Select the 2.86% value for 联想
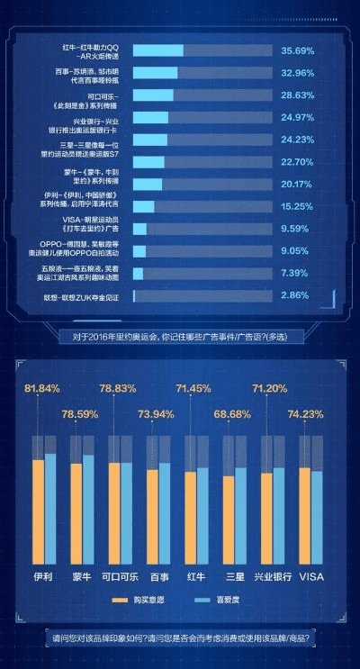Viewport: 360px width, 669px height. pyautogui.click(x=295, y=295)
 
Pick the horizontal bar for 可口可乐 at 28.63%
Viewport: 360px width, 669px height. pyautogui.click(x=153, y=95)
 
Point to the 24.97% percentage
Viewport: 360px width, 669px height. pyautogui.click(x=297, y=118)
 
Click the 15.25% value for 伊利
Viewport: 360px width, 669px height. pyautogui.click(x=297, y=206)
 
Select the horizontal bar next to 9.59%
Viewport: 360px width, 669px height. pyautogui.click(x=139, y=229)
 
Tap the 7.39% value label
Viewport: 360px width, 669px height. pyautogui.click(x=295, y=273)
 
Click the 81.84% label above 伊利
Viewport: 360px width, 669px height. pyautogui.click(x=42, y=388)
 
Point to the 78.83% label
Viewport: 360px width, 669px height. pyautogui.click(x=118, y=388)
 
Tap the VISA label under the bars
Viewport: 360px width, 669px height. pyautogui.click(x=311, y=576)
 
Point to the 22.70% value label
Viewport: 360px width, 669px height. pyautogui.click(x=297, y=162)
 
